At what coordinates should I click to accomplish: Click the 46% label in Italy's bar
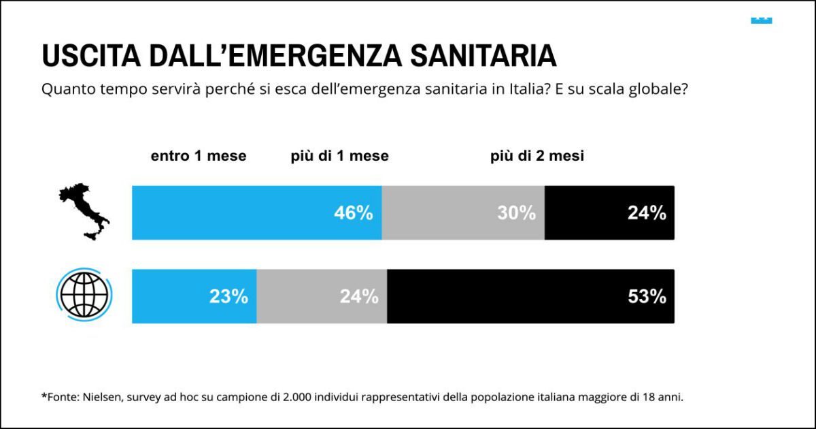point(353,213)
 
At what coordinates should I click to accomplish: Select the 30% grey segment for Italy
point(463,213)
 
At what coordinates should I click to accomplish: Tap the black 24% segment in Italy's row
point(609,213)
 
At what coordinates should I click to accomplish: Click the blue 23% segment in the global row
point(194,296)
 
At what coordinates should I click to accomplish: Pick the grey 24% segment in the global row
point(322,296)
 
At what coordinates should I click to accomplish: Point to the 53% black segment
point(530,296)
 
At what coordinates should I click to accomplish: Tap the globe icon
point(84,295)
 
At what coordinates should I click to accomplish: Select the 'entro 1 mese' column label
point(199,156)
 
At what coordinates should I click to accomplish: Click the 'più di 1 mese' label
point(339,156)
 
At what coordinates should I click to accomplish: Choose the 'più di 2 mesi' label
point(537,156)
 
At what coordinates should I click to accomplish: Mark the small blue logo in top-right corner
point(761,20)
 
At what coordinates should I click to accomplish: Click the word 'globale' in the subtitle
point(656,89)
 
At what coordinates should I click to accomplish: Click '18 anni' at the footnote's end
point(663,397)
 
